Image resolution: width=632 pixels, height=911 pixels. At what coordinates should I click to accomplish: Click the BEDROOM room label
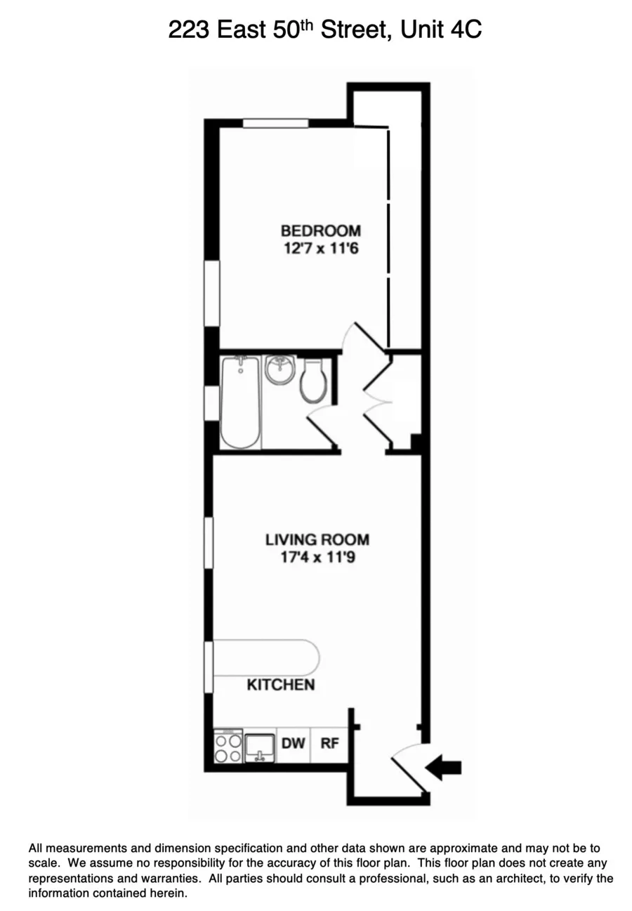321,230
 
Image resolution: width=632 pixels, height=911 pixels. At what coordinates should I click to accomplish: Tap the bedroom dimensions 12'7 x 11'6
321,248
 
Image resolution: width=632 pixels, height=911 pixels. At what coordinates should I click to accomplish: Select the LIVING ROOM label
317,540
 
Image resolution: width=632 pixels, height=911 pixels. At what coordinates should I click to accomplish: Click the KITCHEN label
280,685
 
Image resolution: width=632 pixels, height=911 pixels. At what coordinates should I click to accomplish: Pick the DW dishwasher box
294,743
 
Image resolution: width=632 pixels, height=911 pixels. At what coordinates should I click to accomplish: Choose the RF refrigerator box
329,743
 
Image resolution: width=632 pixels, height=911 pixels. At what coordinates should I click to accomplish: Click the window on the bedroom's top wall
275,124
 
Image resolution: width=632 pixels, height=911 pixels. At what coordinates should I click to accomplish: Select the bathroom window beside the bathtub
209,402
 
